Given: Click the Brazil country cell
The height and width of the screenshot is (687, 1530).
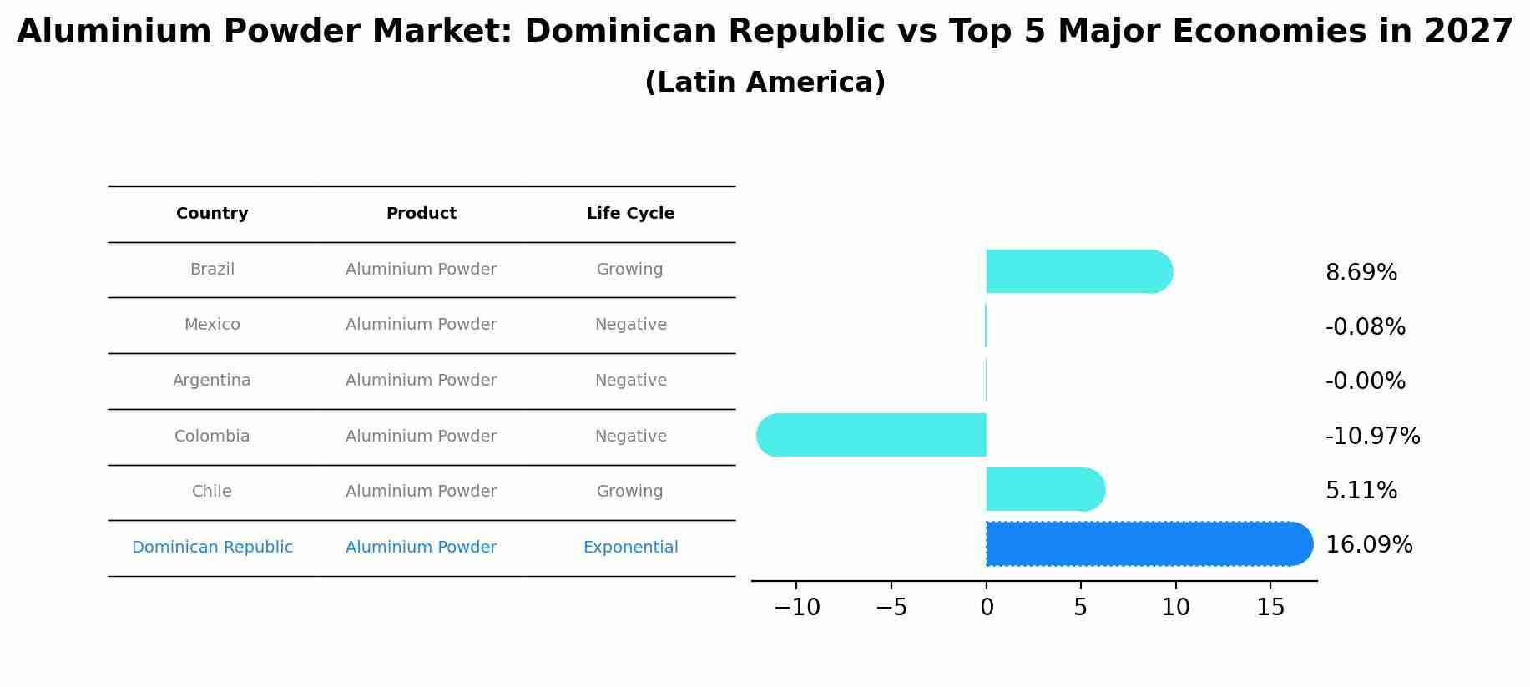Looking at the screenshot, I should [x=212, y=270].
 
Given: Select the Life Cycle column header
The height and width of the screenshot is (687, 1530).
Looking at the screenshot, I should [x=630, y=214].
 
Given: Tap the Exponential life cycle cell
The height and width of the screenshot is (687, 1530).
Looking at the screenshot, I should [x=630, y=548].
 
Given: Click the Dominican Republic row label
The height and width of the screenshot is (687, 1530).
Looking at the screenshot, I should [x=212, y=548].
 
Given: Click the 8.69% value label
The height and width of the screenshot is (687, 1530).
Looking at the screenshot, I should [x=1361, y=273].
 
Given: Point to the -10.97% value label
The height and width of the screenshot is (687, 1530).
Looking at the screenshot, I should [x=1372, y=436].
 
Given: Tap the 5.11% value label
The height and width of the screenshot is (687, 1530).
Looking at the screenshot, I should [x=1361, y=491].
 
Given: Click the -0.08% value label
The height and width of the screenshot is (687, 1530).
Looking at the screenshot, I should [x=1365, y=327].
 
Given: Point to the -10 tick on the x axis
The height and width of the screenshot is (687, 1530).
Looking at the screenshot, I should [x=796, y=608].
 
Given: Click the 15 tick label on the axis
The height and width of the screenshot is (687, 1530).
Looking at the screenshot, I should [x=1270, y=608].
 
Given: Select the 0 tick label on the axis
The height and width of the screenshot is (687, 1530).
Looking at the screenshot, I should [x=987, y=608].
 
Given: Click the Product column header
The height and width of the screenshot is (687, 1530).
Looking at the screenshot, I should [x=421, y=214].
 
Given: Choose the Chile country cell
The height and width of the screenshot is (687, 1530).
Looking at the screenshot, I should [x=212, y=492].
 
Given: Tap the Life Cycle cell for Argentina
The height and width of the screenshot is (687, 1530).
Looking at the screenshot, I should [x=630, y=381].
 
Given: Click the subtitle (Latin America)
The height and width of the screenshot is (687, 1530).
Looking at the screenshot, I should [x=765, y=83].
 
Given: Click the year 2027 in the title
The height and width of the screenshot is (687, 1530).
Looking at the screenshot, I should [x=1468, y=32].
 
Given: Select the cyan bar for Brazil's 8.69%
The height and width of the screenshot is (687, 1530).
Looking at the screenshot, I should [x=1077, y=271].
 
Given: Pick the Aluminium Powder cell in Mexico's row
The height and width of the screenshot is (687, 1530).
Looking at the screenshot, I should [x=421, y=325].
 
